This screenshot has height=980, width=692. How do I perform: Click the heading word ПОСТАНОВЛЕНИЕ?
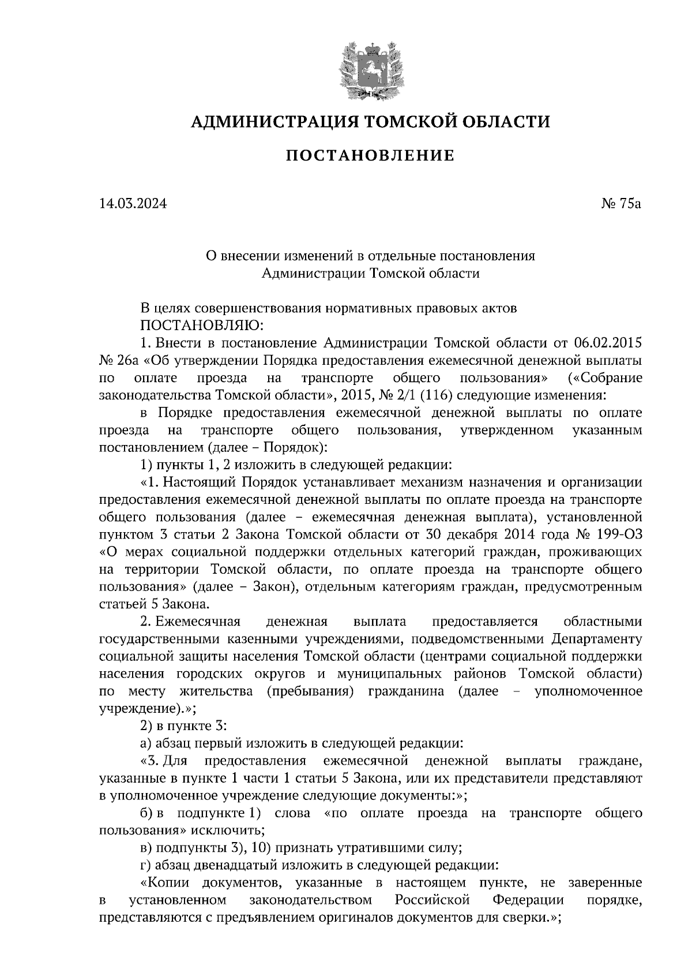(370, 155)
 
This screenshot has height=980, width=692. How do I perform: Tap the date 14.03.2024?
(133, 203)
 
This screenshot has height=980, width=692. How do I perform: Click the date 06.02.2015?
(609, 343)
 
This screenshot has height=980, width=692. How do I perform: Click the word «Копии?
(166, 882)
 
